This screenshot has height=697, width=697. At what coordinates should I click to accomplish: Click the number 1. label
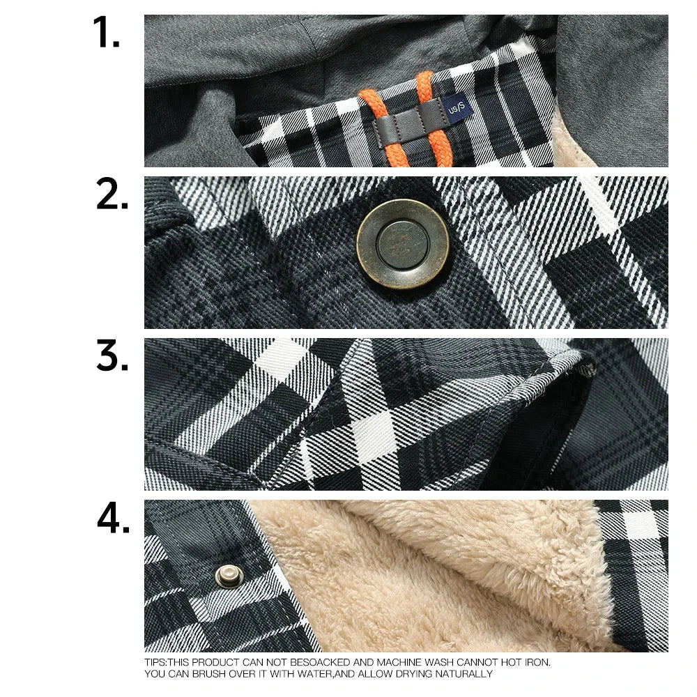[x=107, y=33]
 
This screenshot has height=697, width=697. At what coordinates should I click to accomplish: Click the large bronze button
[x=402, y=244]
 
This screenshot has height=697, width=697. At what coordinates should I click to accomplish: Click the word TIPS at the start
[x=154, y=663]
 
